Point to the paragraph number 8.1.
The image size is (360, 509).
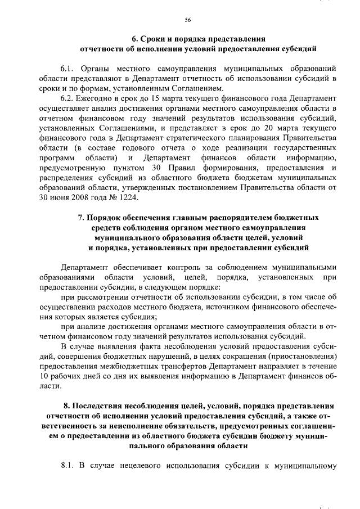point(69,465)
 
